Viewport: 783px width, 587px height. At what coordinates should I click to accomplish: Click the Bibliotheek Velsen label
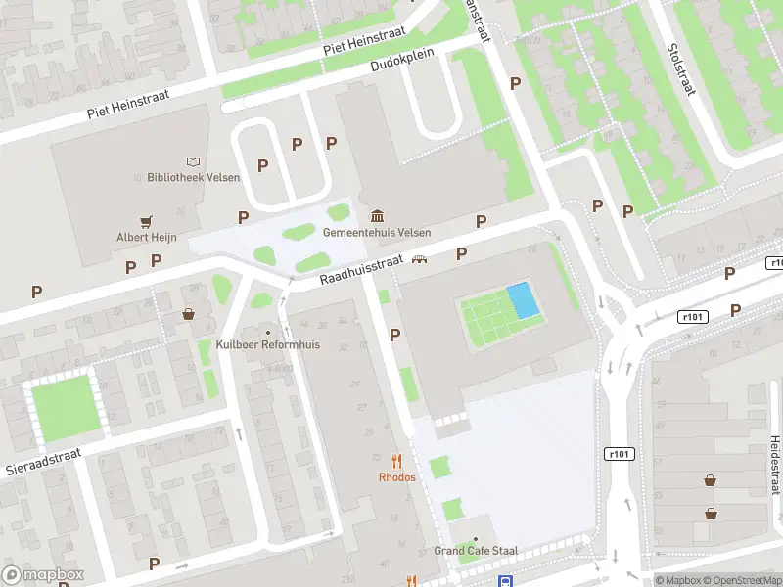pos(193,177)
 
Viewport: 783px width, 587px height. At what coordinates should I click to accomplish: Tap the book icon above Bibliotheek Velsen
pos(193,161)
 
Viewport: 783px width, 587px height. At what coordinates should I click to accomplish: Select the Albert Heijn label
pos(146,238)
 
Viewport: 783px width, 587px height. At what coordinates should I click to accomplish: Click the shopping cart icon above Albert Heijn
pos(146,222)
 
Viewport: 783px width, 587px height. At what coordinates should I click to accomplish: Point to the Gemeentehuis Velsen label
pos(377,232)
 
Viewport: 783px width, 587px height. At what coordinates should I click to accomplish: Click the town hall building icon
pos(377,215)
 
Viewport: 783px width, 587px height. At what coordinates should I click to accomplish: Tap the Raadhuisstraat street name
pos(361,270)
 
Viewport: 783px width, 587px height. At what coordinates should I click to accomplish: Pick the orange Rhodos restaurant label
pos(397,477)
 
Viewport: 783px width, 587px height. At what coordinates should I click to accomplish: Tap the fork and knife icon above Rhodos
pos(397,461)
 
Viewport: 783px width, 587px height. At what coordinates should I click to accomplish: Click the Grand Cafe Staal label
pos(477,552)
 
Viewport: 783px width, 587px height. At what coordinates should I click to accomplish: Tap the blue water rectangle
pos(523,300)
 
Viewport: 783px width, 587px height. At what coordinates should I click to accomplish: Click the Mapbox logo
pos(43,575)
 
